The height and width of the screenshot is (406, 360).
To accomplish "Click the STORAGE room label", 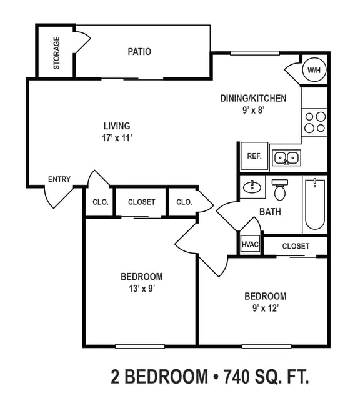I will click(x=57, y=52).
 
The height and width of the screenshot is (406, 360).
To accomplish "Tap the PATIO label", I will click(x=139, y=52).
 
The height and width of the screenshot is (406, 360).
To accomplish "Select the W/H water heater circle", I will click(x=313, y=71).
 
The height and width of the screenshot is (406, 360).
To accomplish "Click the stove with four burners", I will click(x=314, y=122).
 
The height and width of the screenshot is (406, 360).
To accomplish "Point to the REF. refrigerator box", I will click(x=254, y=156).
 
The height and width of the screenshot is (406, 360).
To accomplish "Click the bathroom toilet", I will click(x=279, y=188).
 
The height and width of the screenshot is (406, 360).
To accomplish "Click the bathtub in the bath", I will click(x=314, y=204).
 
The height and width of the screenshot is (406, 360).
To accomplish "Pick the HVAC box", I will click(x=250, y=245).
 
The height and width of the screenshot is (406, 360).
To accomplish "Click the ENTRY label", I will click(x=59, y=180).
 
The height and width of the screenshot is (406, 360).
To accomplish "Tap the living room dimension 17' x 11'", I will click(x=117, y=138).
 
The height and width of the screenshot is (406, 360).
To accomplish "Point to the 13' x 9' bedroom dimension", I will click(x=141, y=289).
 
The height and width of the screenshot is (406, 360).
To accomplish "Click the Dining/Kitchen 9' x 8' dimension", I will click(x=253, y=110).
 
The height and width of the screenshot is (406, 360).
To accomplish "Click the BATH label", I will click(x=270, y=212).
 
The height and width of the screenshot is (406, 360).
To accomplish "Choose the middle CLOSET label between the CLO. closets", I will click(x=141, y=202).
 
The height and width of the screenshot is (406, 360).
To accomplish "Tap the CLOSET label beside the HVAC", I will click(x=296, y=246).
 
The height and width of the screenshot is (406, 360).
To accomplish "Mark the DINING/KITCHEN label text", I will click(x=253, y=98).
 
